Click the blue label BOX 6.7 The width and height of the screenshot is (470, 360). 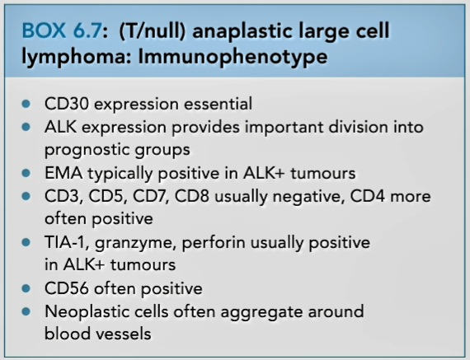coord(62,30)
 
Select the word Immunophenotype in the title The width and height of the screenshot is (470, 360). coord(233,57)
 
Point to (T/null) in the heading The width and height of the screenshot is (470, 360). coord(153,30)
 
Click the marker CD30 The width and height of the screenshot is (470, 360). coord(67,104)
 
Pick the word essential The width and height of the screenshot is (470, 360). coord(218,104)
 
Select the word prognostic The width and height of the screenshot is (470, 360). coord(87,150)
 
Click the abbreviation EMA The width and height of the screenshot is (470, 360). coord(63,173)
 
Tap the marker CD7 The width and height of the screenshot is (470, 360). coord(151,197)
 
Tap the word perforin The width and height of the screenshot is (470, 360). coord(214,243)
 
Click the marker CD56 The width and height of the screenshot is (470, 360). coord(67,288)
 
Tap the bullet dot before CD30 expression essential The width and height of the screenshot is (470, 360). coord(26,104)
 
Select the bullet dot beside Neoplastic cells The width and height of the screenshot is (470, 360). coord(26,311)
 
